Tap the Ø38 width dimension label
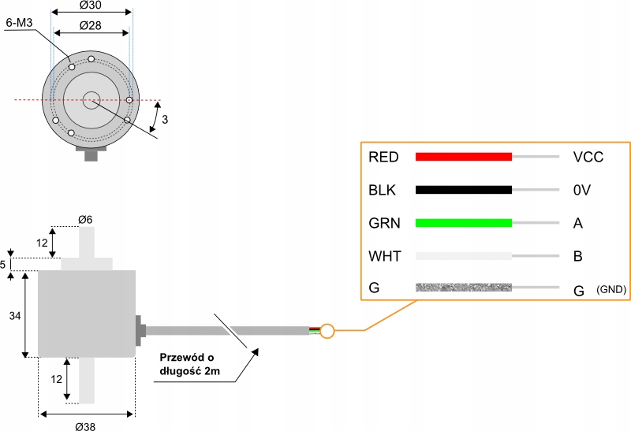pos(86,425)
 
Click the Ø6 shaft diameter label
pos(86,219)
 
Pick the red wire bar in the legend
pos(464,157)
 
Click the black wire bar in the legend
pos(464,190)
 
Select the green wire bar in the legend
pos(464,223)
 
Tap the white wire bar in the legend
pos(464,256)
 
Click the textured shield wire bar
pos(464,288)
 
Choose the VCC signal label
pos(588,157)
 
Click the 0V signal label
pos(581,190)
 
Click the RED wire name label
pos(383,157)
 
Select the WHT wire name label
pos(384,256)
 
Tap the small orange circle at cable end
pos(327,331)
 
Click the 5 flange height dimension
pos(4,263)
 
